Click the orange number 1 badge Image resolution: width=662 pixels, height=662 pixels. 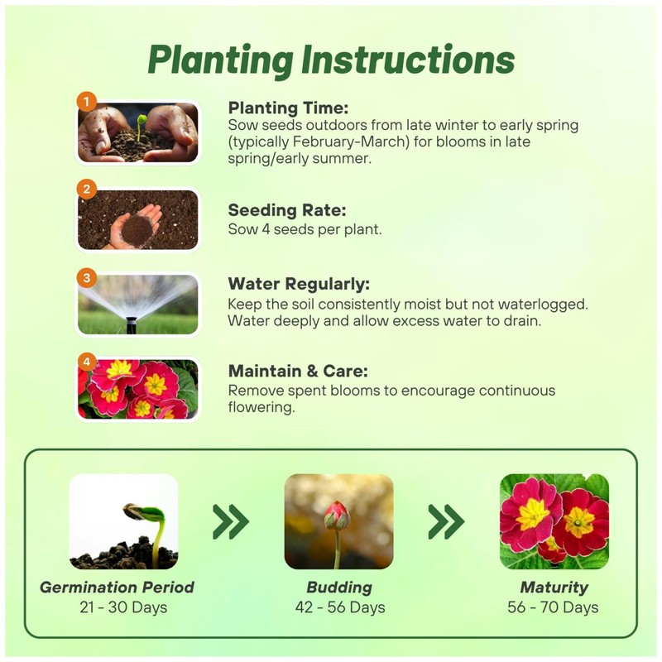[87, 102]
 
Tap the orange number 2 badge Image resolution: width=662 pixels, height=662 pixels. [87, 189]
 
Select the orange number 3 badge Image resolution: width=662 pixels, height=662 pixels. [87, 278]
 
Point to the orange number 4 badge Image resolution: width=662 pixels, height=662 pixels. [87, 362]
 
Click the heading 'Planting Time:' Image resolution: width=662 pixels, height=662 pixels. [288, 108]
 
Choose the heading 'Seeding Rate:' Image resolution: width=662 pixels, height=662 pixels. [287, 210]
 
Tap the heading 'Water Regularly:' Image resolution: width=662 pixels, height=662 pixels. [299, 284]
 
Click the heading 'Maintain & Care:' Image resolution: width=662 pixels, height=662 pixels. [298, 371]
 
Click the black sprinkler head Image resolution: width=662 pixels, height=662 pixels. [132, 324]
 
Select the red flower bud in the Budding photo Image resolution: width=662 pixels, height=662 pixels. [337, 516]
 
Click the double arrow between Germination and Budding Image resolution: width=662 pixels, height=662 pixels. [231, 521]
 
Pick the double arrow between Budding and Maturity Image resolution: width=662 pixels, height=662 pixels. [446, 521]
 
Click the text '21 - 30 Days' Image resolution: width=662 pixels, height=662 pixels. [123, 607]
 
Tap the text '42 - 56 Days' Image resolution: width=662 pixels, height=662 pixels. [340, 607]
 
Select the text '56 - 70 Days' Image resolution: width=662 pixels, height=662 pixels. [553, 607]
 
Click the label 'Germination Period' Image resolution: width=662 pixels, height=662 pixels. [117, 588]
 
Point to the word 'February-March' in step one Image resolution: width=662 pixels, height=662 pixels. [319, 142]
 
